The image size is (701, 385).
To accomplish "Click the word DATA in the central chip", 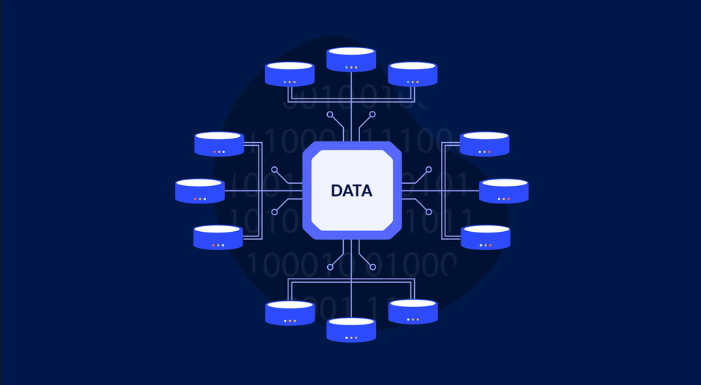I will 351,191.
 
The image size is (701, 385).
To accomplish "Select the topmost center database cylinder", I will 351,60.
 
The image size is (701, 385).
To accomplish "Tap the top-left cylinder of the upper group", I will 290,74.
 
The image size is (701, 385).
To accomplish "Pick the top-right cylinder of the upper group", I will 413,74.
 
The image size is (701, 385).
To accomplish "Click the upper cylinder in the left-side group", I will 219,144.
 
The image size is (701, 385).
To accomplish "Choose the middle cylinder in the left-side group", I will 199,191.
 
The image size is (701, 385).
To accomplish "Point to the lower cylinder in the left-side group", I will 218,237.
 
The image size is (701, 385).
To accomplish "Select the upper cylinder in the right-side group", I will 485,144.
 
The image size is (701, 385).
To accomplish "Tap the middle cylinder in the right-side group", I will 504,191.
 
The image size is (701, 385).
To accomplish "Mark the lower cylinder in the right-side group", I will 485,237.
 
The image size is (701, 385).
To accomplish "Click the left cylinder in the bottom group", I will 290,312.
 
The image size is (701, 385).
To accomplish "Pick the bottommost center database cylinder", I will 351,330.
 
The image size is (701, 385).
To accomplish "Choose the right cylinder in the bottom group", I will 413,312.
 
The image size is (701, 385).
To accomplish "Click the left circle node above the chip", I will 330,115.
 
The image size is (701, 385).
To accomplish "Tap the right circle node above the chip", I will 372,115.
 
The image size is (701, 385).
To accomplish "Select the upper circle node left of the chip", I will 275,170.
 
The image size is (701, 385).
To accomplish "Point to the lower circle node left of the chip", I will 275,212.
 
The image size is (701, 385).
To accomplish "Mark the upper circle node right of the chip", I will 428,170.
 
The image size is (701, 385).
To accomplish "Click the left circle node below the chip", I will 330,266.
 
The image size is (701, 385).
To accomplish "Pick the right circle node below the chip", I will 372,266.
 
